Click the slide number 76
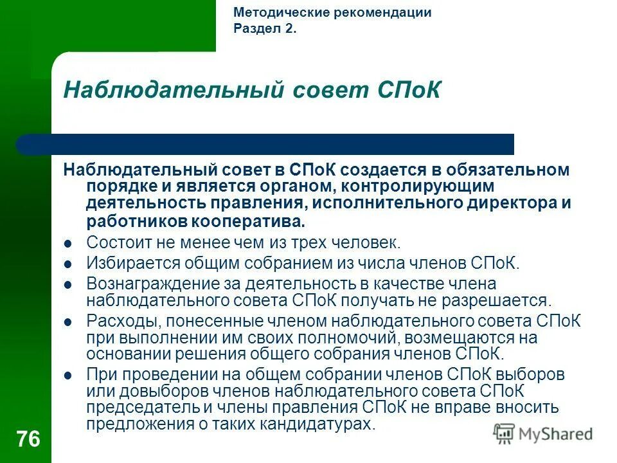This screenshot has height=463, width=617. click(28, 440)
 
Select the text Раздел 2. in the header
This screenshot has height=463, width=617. click(265, 29)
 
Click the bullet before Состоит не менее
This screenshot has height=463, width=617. click(68, 244)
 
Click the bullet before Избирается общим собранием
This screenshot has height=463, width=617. click(68, 264)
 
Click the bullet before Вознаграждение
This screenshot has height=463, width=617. click(68, 284)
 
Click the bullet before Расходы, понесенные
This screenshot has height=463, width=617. click(68, 321)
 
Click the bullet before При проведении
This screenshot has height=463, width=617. click(68, 374)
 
